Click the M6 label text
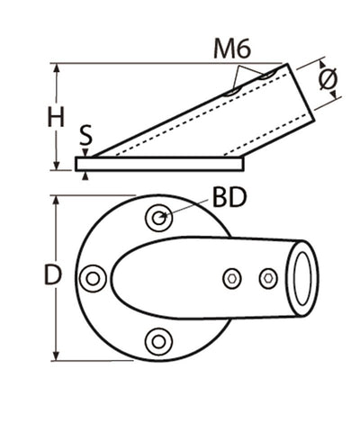pos(231,49)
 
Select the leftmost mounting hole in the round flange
pos(93,278)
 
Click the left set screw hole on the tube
pos(232,278)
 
